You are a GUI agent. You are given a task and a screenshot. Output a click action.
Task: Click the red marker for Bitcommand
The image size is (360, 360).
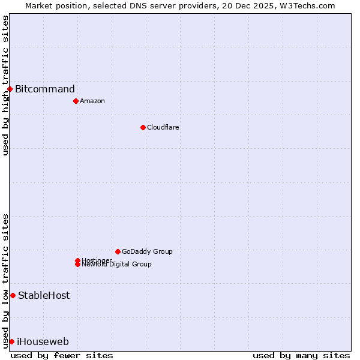point(10,89)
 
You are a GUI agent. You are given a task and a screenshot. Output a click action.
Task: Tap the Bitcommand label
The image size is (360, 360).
point(45,89)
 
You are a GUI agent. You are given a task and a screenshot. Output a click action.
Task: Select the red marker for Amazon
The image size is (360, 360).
point(76,101)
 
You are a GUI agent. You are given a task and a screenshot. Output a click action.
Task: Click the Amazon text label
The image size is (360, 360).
point(92,101)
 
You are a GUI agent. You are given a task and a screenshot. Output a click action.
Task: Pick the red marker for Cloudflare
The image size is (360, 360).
point(143,127)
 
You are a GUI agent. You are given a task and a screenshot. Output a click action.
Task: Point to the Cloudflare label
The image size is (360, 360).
point(163,127)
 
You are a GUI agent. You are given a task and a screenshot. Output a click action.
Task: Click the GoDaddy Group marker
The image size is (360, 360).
point(118,251)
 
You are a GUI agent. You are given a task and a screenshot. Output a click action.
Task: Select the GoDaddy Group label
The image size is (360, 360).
point(147,251)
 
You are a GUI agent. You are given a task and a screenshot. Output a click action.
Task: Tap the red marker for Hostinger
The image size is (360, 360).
point(78,260)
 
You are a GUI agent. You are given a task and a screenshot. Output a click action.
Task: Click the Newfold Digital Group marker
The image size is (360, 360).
point(78,265)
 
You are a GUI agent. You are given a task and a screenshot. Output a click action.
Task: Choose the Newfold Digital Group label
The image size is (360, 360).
point(117,265)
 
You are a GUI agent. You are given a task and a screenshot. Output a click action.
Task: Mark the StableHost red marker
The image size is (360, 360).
point(13,295)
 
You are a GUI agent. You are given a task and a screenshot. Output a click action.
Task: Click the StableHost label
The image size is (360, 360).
point(44,295)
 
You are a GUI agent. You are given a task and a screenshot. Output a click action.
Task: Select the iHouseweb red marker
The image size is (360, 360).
point(11,341)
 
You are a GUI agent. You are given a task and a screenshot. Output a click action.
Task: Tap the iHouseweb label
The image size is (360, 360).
point(43,342)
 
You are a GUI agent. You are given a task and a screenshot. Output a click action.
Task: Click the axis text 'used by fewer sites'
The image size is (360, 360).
point(62,355)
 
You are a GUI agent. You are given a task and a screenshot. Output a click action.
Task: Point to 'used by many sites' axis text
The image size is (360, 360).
point(301,355)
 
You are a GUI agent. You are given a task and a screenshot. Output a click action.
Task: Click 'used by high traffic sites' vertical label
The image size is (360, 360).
point(5,85)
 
